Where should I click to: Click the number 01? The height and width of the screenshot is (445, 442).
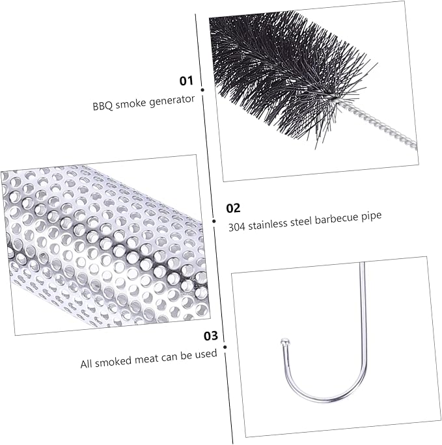click(x=186, y=81)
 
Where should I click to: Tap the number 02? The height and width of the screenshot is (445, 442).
click(x=233, y=208)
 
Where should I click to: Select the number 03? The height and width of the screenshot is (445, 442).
click(x=211, y=336)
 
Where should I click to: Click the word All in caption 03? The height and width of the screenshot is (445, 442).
click(x=87, y=364)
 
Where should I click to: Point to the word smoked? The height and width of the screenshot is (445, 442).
click(x=113, y=362)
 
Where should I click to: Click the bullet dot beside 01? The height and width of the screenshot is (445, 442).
click(x=202, y=90)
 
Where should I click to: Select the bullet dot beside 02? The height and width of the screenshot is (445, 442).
click(x=214, y=221)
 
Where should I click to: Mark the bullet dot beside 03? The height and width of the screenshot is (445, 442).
click(x=225, y=347)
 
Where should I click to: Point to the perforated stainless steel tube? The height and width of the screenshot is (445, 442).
click(x=105, y=244)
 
